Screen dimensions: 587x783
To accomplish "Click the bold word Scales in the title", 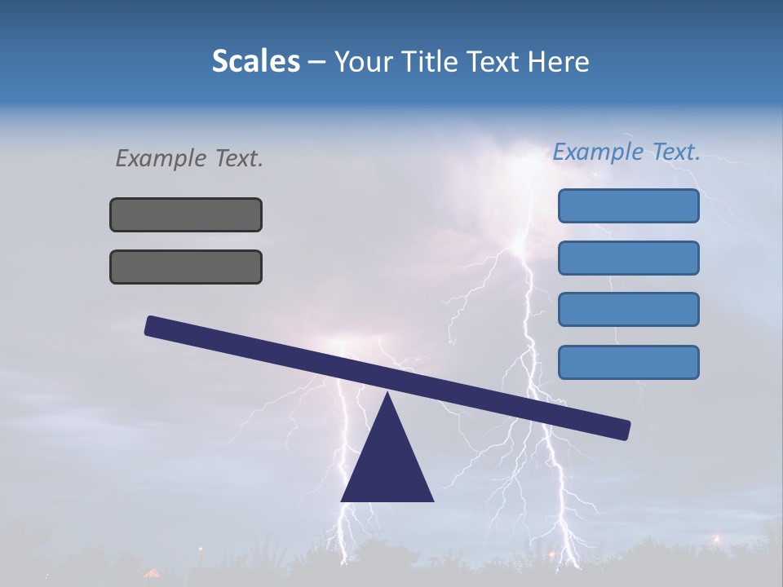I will pos(255,61).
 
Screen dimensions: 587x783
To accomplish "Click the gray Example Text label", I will pos(189,158).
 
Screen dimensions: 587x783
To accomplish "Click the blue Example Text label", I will pos(626,152).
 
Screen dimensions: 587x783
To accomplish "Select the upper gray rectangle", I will pos(186,214).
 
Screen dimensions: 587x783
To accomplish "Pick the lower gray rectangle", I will pos(186,267).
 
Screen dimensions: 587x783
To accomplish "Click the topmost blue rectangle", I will pos(628,205).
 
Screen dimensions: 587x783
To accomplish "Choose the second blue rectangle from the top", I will pos(628,258).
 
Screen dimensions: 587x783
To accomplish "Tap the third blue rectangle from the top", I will pos(628,309).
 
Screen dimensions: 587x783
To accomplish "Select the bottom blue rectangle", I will pos(628,362).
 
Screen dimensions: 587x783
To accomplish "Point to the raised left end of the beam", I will pos(152,325).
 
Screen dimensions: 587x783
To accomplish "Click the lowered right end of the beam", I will pos(623,429).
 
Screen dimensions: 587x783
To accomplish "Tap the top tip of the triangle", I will pos(387,395).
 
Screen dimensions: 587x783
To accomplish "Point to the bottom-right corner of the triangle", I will pos(432,500).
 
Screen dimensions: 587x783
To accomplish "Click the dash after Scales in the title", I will pos(316,62).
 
